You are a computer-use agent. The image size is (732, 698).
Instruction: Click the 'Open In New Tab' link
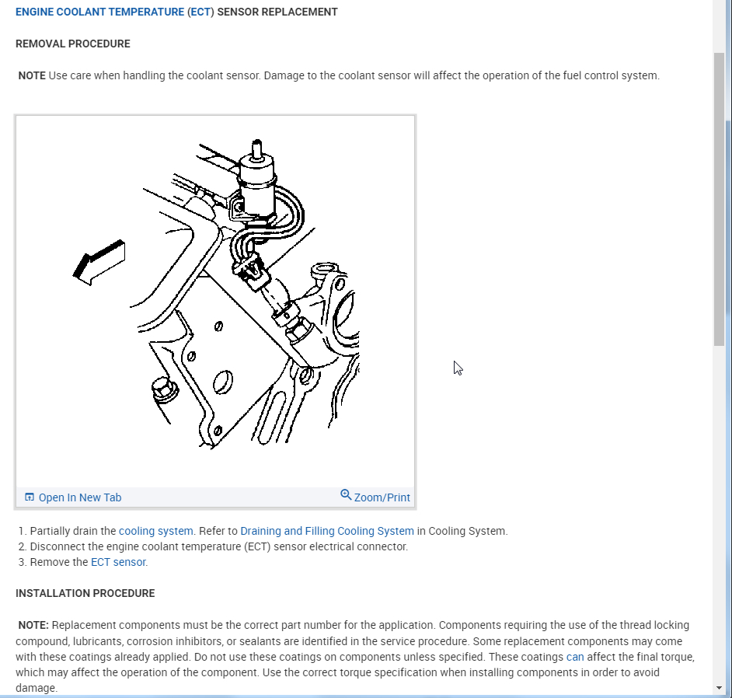79,497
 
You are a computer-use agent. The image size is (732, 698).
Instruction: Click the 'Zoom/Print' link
382,497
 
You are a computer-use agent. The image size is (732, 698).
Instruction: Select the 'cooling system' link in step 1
155,531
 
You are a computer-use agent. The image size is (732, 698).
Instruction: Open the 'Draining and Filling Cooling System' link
327,531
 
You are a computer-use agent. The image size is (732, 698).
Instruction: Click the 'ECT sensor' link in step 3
118,562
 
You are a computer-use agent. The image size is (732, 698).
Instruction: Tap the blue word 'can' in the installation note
575,657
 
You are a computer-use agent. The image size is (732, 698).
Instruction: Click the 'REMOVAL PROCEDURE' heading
73,44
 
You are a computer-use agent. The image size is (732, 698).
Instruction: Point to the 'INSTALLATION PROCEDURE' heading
85,593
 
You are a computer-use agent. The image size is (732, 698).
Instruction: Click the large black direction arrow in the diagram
99,261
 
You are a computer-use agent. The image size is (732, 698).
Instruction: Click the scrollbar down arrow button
719,688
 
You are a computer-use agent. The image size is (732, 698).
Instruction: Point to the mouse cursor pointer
458,368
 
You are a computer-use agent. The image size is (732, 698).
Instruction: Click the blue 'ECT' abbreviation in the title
200,12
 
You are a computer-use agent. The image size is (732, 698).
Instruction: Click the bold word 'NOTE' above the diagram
32,75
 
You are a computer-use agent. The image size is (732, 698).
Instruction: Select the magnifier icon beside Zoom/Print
346,495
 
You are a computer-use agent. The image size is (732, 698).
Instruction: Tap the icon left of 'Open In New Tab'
30,497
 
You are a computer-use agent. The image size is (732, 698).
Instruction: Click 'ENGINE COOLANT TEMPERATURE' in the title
99,12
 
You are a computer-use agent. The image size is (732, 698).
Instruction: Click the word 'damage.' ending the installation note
37,688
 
